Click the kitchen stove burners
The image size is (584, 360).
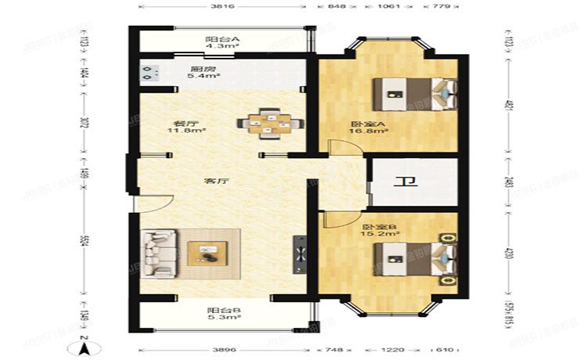[x=146, y=74]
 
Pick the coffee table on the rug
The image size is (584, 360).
[x=208, y=252]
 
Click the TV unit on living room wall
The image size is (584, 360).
[x=299, y=254]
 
